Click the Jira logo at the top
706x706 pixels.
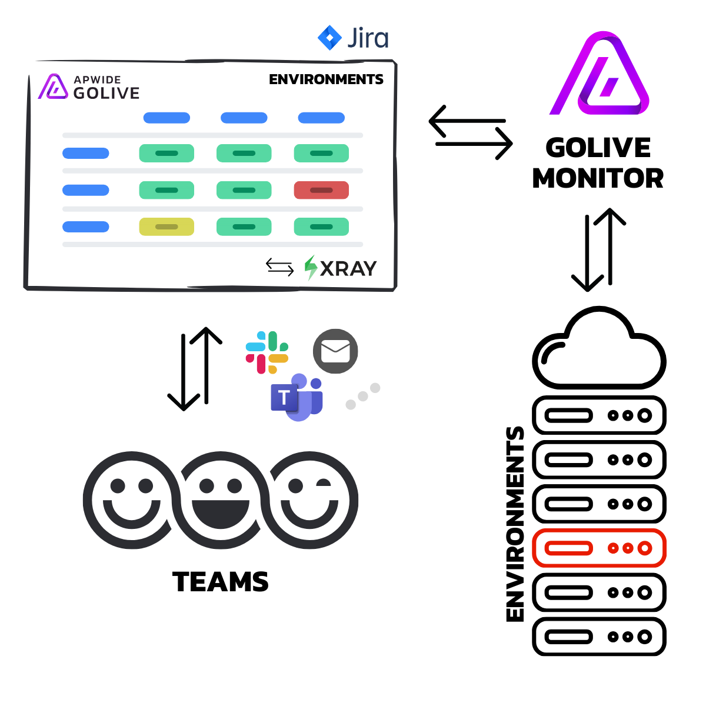pyautogui.click(x=353, y=38)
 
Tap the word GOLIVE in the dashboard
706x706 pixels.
pyautogui.click(x=106, y=93)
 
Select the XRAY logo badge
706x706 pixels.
pyautogui.click(x=340, y=268)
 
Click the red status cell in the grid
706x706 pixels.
pyautogui.click(x=321, y=190)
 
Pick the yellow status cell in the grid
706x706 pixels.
pyautogui.click(x=166, y=227)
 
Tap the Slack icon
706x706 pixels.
pyautogui.click(x=267, y=352)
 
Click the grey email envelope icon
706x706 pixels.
pyautogui.click(x=335, y=351)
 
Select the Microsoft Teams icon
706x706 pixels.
pyautogui.click(x=297, y=398)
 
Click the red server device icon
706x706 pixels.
pyautogui.click(x=599, y=548)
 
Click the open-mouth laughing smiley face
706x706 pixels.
pyautogui.click(x=221, y=500)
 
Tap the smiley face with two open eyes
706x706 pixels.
pyautogui.click(x=131, y=500)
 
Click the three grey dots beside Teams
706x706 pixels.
pyautogui.click(x=362, y=397)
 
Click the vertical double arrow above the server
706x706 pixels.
pyautogui.click(x=598, y=250)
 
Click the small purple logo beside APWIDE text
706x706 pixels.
pyautogui.click(x=53, y=86)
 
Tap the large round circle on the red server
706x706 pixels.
pyautogui.click(x=645, y=548)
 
